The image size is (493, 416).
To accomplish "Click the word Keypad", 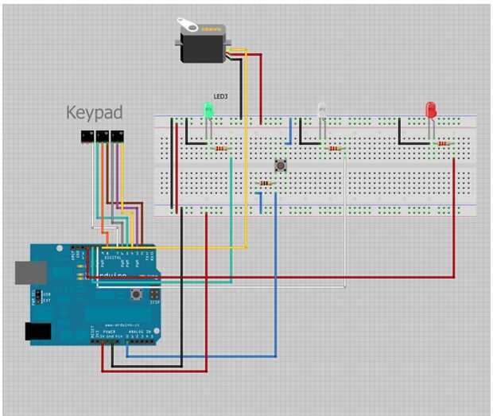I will pos(95,113).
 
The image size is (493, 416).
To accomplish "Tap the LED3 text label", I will pos(220,96).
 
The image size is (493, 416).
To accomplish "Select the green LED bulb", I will pos(209,112).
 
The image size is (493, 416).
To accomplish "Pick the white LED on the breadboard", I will pos(322,111).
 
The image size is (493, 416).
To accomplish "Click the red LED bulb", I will pos(431,110).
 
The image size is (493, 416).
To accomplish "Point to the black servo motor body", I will pos(203,44).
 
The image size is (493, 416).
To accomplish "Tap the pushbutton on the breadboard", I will pos(281,165).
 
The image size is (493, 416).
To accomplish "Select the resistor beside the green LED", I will pos(220,149).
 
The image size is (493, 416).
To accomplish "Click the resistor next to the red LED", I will pos(443,144).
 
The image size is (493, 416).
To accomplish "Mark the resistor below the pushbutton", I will pos(265,184).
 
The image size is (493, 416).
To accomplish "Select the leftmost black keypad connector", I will pos(83,137).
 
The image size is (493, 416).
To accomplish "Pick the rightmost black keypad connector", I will pos(118,137).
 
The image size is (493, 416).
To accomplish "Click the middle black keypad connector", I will pos(102,137).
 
